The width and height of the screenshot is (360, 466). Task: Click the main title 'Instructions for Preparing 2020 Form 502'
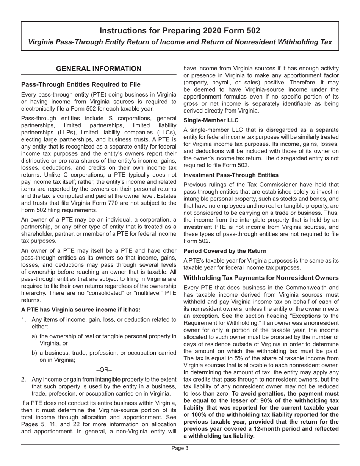coord(180,31)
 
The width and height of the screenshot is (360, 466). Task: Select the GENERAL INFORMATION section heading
coord(99,69)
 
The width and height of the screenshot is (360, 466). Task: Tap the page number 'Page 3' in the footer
coord(180,448)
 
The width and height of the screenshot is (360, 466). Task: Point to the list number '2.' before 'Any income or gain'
coord(23,379)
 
